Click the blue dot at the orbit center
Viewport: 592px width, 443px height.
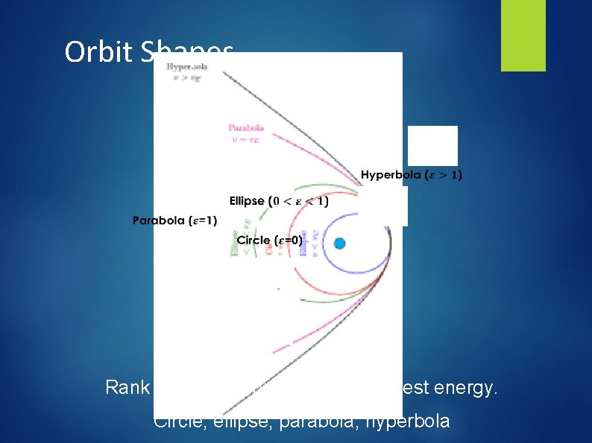point(340,243)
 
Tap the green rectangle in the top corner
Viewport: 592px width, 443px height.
point(523,35)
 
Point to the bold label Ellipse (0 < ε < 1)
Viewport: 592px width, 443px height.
point(278,201)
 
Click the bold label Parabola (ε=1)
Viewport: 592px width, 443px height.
point(174,220)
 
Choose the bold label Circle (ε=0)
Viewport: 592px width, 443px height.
point(269,240)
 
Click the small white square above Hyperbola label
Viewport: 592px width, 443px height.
point(432,145)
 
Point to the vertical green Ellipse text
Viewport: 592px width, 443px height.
point(235,239)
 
